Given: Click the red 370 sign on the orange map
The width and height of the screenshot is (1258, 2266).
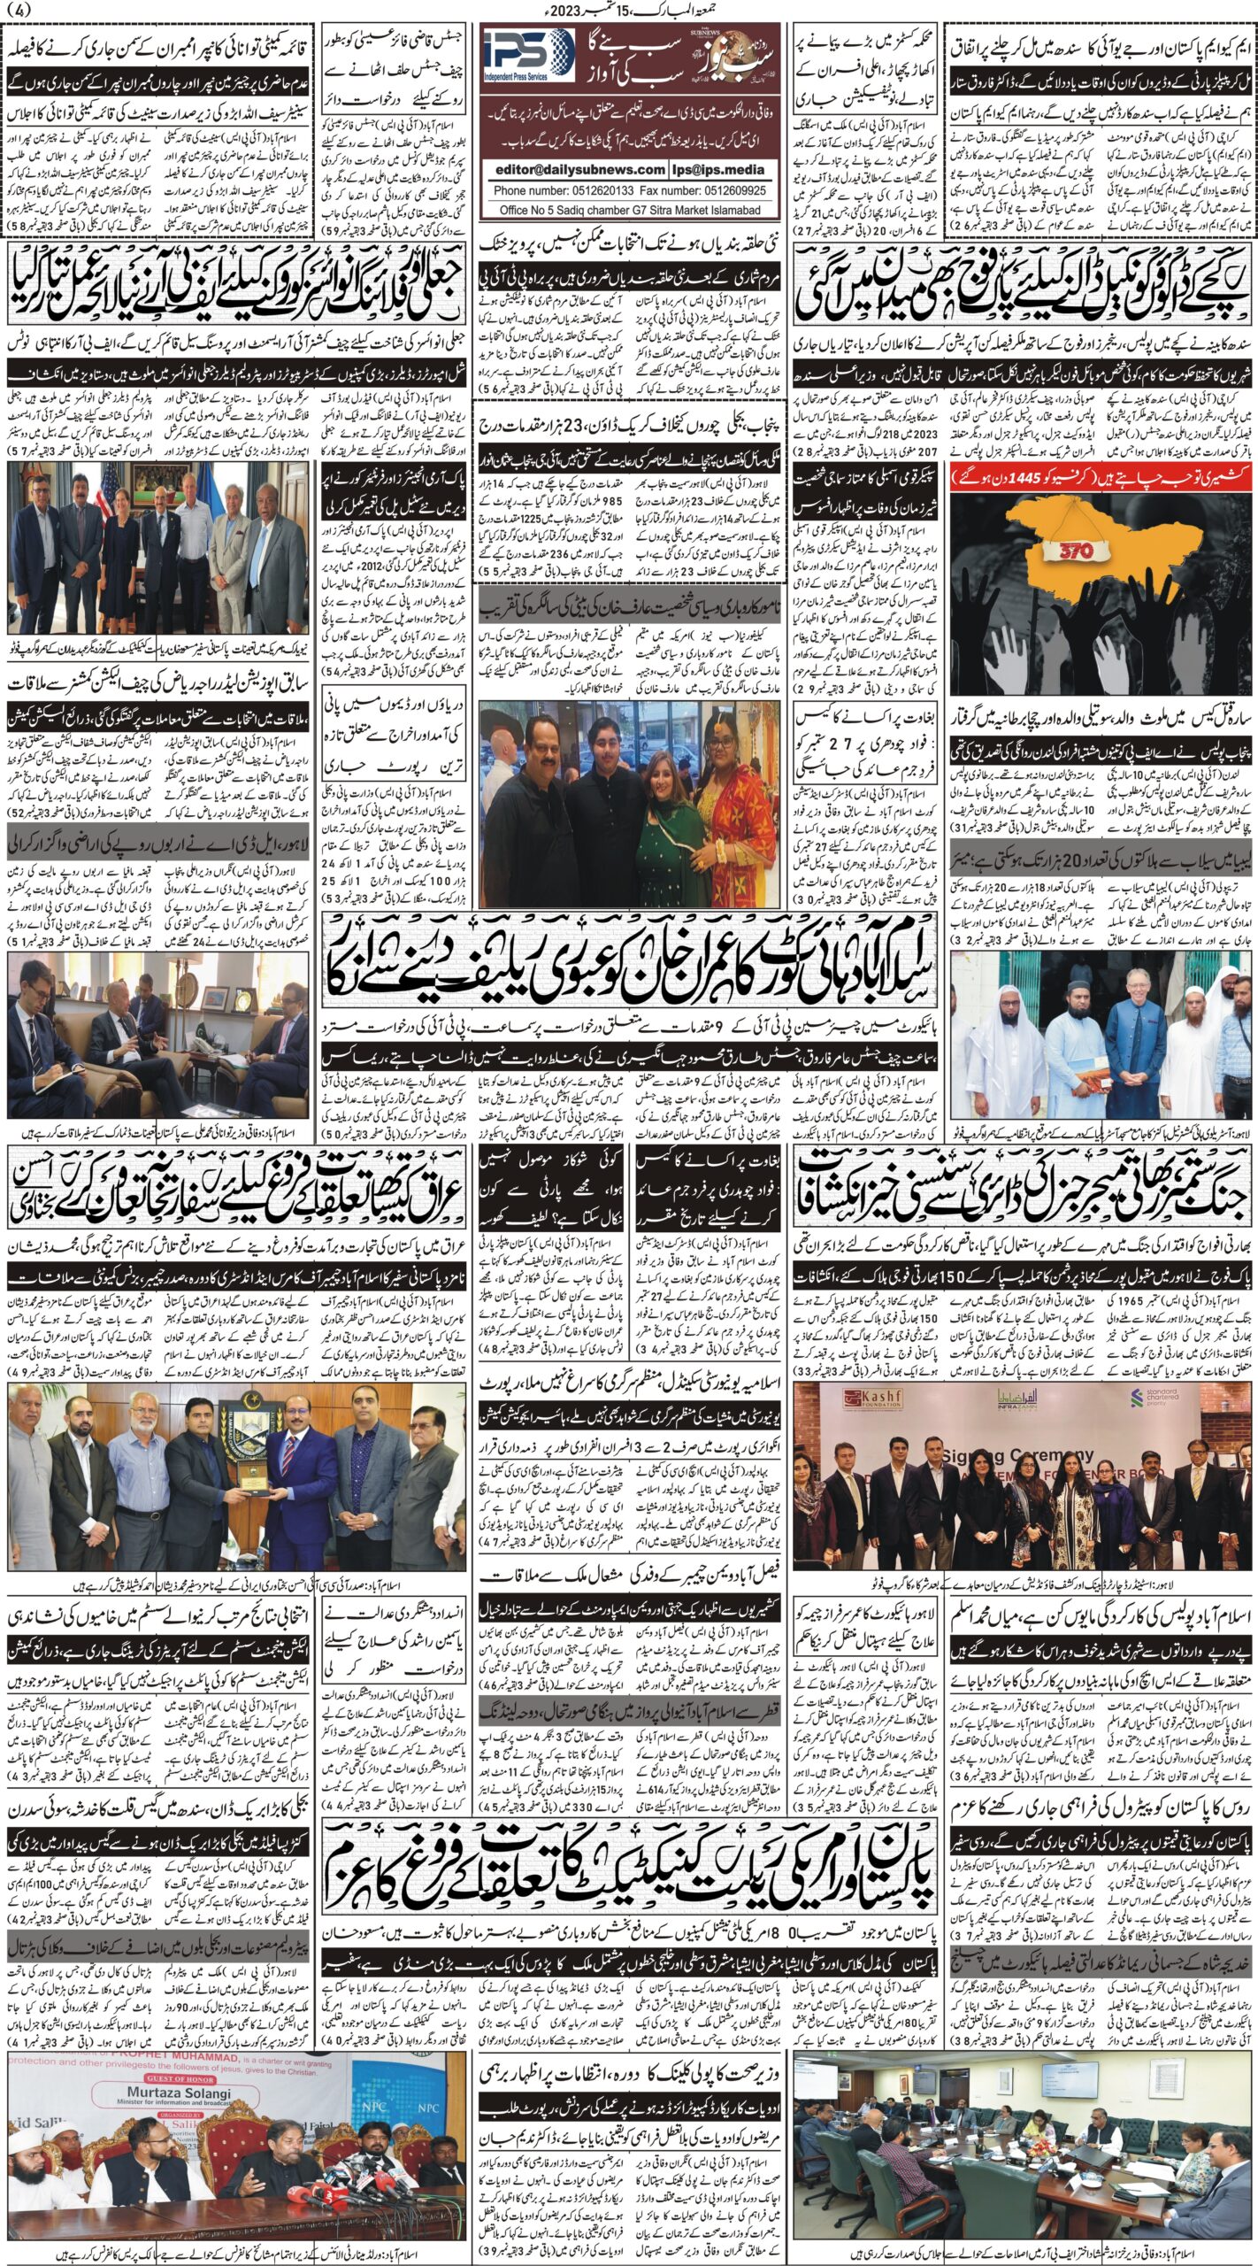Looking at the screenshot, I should coord(1067,550).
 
